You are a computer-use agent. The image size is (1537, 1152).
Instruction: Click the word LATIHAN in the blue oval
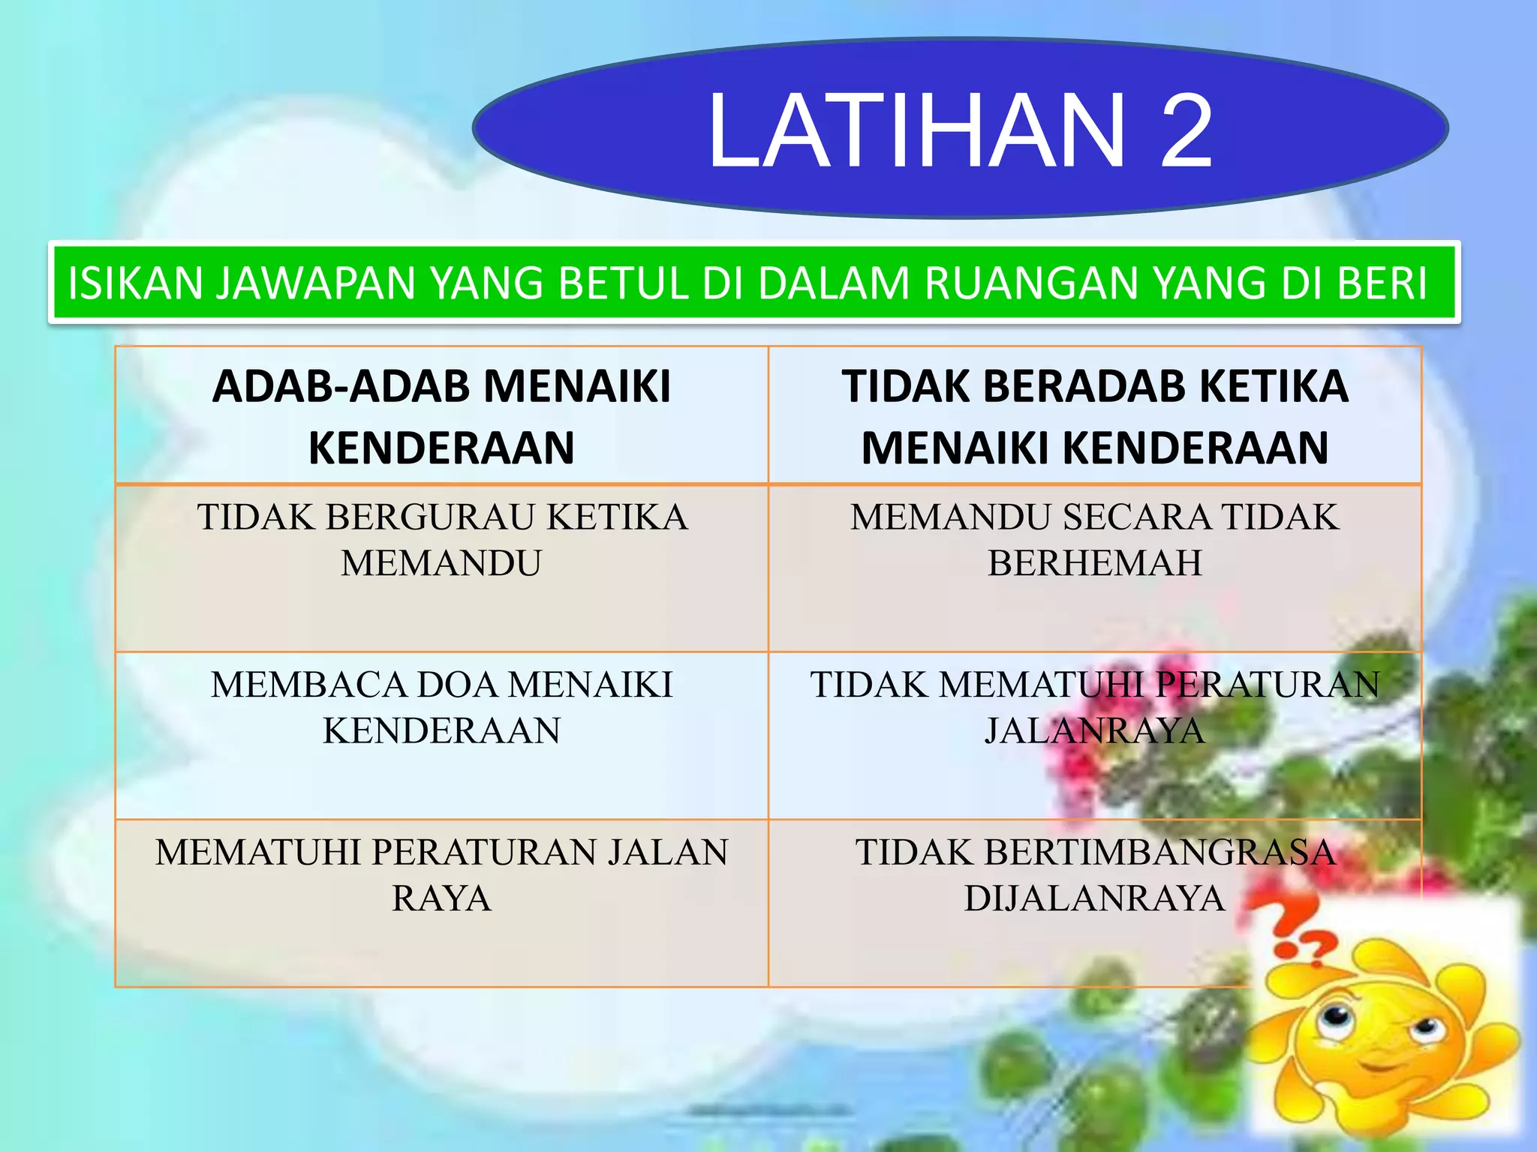click(x=916, y=131)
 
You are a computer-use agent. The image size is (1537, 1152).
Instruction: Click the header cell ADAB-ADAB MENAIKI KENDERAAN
click(x=441, y=416)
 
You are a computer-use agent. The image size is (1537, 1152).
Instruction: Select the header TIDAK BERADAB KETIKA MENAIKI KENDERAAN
click(x=1095, y=416)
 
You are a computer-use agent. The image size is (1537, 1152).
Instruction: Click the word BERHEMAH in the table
click(x=1095, y=563)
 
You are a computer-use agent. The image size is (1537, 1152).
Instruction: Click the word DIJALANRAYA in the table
click(x=1095, y=898)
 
